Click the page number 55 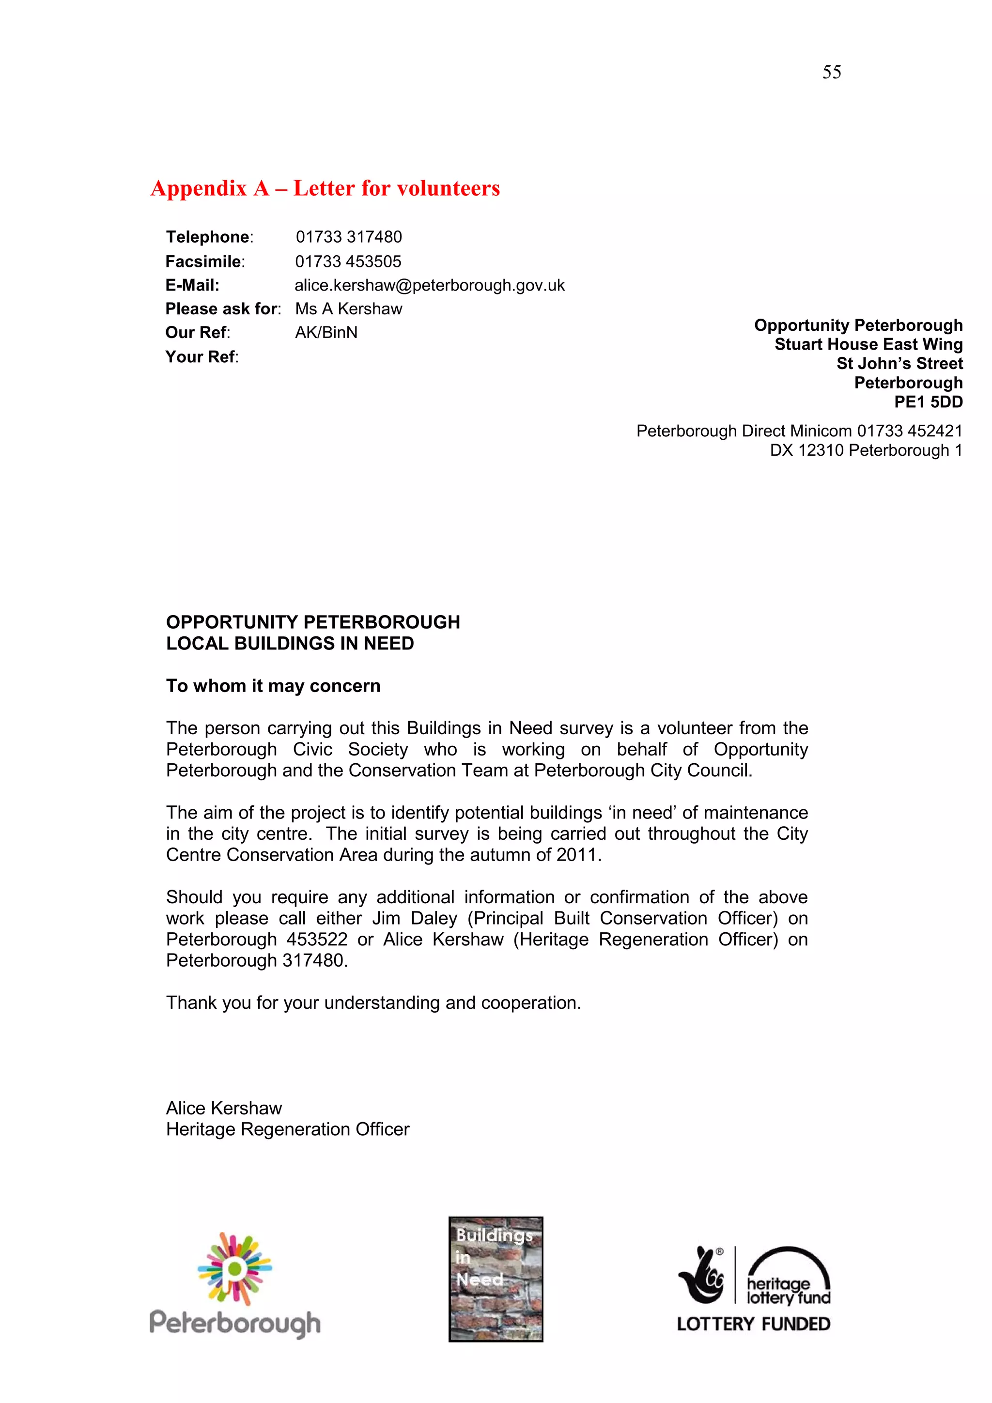pyautogui.click(x=831, y=72)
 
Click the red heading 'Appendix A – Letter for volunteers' pyautogui.click(x=325, y=188)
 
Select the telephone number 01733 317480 pyautogui.click(x=348, y=237)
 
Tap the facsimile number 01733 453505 pyautogui.click(x=348, y=262)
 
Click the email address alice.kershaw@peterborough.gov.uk pyautogui.click(x=429, y=285)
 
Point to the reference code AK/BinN pyautogui.click(x=326, y=332)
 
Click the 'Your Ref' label pyautogui.click(x=201, y=357)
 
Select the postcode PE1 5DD pyautogui.click(x=928, y=402)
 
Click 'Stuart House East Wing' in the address pyautogui.click(x=868, y=345)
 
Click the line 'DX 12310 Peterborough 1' pyautogui.click(x=866, y=450)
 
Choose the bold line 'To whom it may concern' pyautogui.click(x=273, y=686)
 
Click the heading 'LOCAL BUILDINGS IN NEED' pyautogui.click(x=290, y=644)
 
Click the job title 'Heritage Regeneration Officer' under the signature pyautogui.click(x=287, y=1129)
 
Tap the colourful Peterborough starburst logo pyautogui.click(x=235, y=1269)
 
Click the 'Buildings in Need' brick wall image pyautogui.click(x=496, y=1279)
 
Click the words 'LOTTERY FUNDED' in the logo pyautogui.click(x=753, y=1324)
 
